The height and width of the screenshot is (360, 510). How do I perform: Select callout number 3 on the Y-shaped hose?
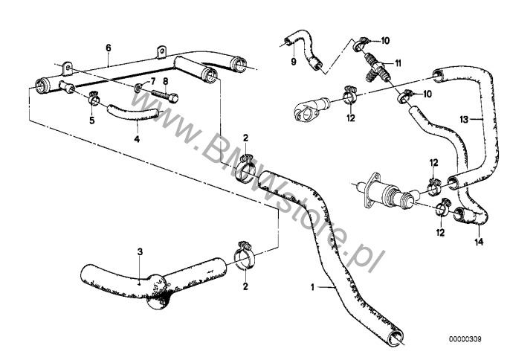139,253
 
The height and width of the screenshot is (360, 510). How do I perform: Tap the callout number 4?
137,138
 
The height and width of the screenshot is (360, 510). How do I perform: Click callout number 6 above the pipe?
109,47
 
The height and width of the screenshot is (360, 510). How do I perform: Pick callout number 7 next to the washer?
153,80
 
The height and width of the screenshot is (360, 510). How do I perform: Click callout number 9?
294,61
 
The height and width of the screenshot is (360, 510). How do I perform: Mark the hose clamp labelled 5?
94,98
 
